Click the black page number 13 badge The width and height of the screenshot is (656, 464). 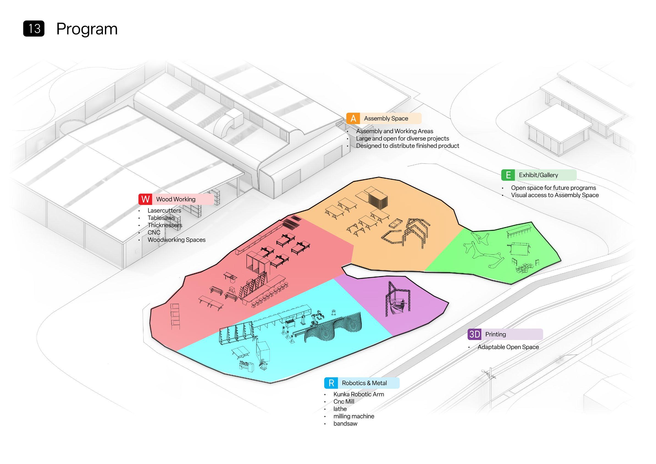point(34,29)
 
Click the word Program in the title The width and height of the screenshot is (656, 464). point(87,29)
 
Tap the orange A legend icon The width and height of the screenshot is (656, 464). point(353,118)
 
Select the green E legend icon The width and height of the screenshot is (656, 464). point(508,175)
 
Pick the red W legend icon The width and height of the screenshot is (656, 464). point(145,199)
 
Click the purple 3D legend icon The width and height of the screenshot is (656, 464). point(475,334)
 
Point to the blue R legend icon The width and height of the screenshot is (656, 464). point(331,383)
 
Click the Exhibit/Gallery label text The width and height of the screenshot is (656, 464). point(538,175)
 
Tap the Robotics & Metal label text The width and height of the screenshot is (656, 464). point(364,383)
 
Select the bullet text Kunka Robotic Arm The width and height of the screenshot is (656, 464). point(359,394)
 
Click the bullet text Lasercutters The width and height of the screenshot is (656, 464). point(164,211)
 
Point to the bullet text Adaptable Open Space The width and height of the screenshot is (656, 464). point(508,347)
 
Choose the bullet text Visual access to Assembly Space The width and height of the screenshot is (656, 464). point(555,195)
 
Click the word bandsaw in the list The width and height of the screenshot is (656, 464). point(345,424)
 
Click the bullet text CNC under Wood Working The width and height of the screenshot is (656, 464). point(154,233)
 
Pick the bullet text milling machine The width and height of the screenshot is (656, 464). point(354,416)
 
